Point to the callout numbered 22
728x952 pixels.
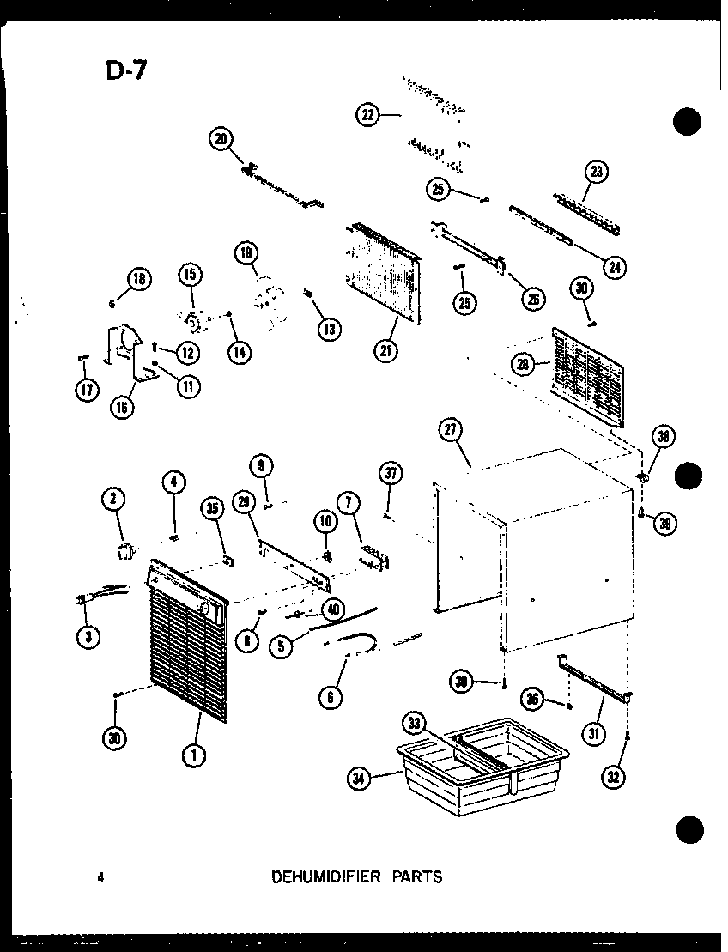[368, 115]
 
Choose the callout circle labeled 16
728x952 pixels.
[123, 406]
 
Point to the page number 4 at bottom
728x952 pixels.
[100, 876]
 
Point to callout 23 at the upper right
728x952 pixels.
[597, 173]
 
